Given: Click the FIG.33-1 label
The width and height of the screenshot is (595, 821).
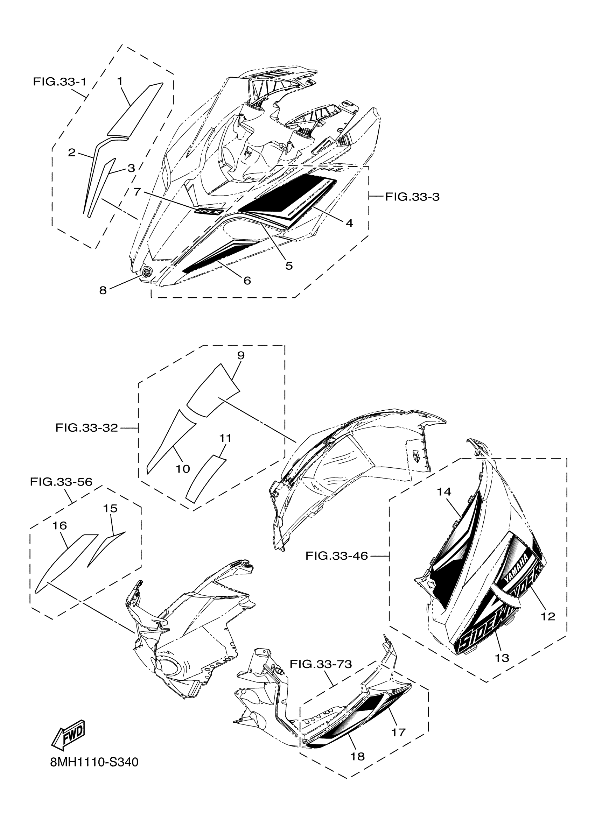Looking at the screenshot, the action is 60,82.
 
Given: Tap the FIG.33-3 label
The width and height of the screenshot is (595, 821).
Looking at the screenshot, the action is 412,197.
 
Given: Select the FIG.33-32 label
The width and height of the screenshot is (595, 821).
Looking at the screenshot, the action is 86,428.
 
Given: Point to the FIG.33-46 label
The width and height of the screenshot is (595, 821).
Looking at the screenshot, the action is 336,555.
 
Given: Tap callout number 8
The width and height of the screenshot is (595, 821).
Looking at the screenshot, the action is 103,290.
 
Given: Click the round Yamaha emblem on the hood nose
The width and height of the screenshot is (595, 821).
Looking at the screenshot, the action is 147,271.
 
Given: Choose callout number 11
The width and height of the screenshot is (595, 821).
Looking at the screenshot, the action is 225,438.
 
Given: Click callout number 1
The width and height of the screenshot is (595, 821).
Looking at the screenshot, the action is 119,81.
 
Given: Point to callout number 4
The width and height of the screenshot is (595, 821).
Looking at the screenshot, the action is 349,223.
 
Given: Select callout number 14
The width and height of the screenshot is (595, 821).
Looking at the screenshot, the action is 444,491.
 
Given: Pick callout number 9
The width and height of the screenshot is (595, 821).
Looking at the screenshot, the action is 241,355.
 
